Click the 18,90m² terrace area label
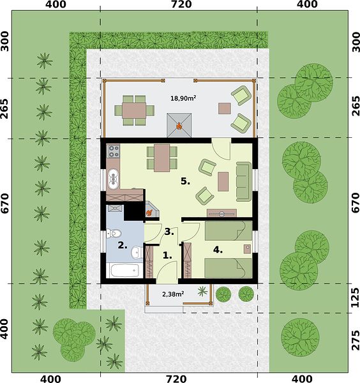tap(183, 98)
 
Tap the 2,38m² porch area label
tap(173, 294)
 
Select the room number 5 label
tap(185, 181)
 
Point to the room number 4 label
tap(218, 250)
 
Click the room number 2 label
tap(123, 245)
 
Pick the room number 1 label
tap(167, 255)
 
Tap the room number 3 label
tap(169, 232)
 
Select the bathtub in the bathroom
tap(124, 271)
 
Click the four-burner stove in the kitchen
tap(114, 151)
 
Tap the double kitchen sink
tap(113, 179)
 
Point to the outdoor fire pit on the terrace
tap(179, 125)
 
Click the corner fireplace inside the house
tap(151, 209)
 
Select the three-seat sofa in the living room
tap(244, 181)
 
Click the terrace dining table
tap(134, 110)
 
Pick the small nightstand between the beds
tap(248, 249)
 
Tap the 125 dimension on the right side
tap(355, 297)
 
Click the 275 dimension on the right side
tap(355, 340)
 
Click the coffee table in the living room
tap(223, 181)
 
